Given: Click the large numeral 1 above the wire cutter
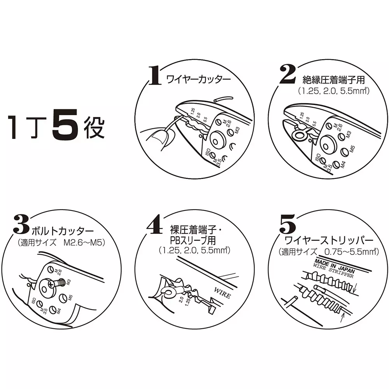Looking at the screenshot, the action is (x=155, y=76).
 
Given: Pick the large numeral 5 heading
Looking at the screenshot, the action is (x=288, y=224).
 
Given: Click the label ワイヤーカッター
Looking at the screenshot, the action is (x=198, y=79).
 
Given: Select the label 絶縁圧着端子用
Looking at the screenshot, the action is (x=334, y=80).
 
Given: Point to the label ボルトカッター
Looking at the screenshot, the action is (x=63, y=231).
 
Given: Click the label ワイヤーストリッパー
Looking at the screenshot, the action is (x=329, y=240).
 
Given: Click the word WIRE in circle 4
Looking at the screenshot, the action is (x=222, y=293).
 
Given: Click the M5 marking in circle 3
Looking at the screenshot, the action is (x=70, y=298).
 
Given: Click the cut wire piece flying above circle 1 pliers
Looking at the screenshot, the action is (x=224, y=99).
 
